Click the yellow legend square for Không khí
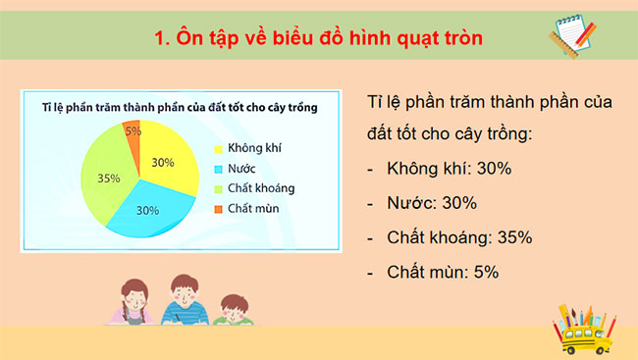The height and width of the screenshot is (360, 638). pyautogui.click(x=219, y=149)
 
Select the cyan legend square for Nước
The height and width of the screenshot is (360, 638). pyautogui.click(x=219, y=169)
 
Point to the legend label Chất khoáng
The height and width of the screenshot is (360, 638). pyautogui.click(x=260, y=187)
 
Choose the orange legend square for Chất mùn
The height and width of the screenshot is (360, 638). pyautogui.click(x=219, y=207)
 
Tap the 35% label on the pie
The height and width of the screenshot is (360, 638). pyautogui.click(x=109, y=179)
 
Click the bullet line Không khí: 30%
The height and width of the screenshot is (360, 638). pyautogui.click(x=448, y=169)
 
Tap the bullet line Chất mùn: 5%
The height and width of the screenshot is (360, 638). pyautogui.click(x=443, y=272)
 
